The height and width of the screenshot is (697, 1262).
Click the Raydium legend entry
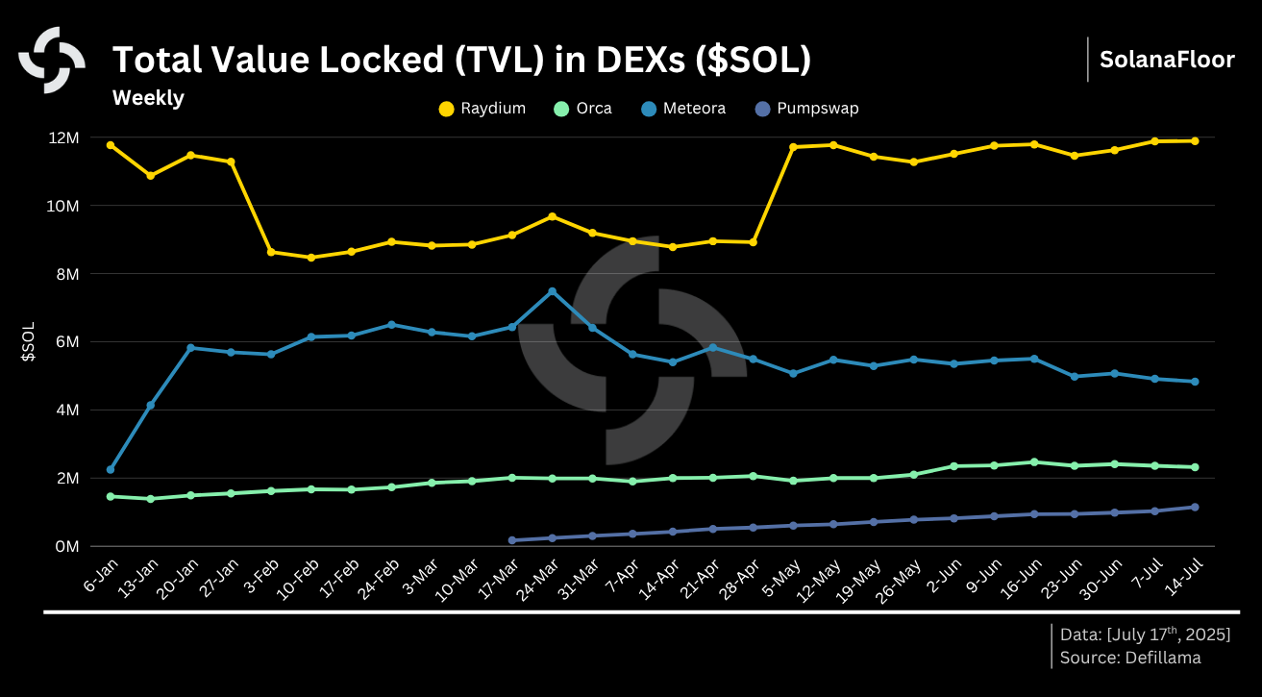pyautogui.click(x=483, y=109)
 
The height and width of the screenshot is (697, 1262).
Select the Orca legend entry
pyautogui.click(x=583, y=109)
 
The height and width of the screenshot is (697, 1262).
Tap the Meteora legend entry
pyautogui.click(x=682, y=109)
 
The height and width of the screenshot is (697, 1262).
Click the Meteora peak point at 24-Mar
pyautogui.click(x=552, y=291)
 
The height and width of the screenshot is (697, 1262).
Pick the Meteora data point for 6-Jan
pyautogui.click(x=111, y=469)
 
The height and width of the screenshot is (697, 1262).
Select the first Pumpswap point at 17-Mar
pyautogui.click(x=511, y=540)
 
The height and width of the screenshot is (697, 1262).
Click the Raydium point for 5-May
pyautogui.click(x=793, y=147)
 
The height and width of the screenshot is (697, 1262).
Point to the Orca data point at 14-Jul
pyautogui.click(x=1195, y=467)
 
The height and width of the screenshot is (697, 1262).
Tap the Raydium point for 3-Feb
pyautogui.click(x=271, y=252)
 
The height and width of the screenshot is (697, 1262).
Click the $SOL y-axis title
pyautogui.click(x=29, y=342)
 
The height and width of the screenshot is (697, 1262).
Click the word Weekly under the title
pyautogui.click(x=148, y=98)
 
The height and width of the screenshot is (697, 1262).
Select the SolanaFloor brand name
pyautogui.click(x=1167, y=60)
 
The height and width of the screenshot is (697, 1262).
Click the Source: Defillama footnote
pyautogui.click(x=1130, y=658)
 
